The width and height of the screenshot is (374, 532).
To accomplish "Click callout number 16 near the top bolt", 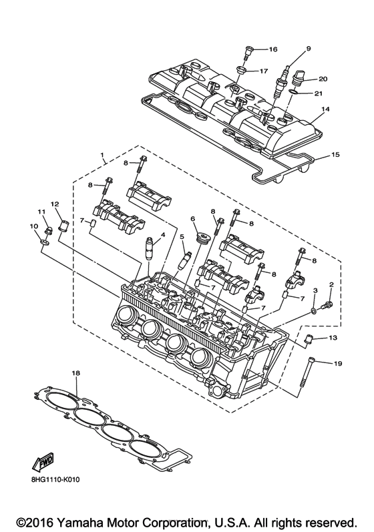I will click(272, 50).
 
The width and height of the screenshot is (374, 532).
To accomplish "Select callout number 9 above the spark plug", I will click(309, 49).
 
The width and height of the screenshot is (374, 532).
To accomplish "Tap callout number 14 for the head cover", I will click(325, 109).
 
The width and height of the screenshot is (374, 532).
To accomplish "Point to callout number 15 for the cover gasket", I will click(335, 155).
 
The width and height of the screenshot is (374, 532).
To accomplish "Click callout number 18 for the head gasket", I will click(75, 372).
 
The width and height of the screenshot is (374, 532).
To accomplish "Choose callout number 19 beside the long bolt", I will click(337, 363).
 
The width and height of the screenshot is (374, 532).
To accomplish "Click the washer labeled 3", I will click(313, 311).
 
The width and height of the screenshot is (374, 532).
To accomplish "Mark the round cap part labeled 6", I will click(198, 238).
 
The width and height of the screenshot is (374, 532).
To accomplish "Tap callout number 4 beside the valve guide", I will click(162, 235).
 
